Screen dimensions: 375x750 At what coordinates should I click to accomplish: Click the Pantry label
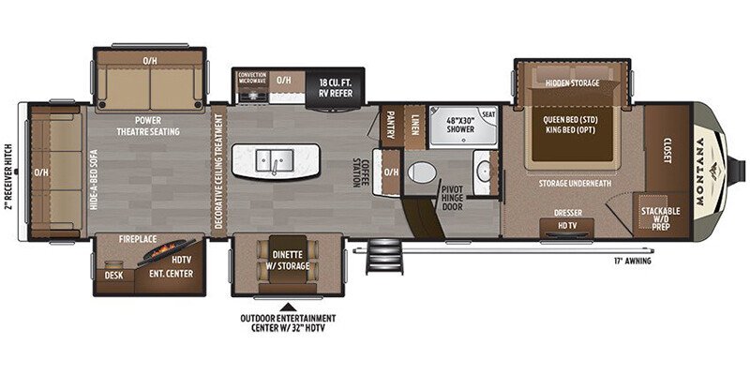(x=392, y=126)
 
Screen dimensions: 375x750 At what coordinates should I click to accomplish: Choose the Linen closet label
(x=414, y=124)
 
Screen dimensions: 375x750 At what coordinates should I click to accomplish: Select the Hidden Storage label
(x=572, y=83)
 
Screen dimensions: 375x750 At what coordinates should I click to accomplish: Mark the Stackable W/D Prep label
(x=660, y=218)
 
